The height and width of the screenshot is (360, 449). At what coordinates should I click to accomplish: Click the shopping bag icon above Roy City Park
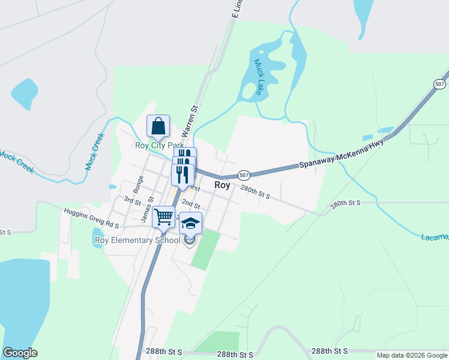click(x=158, y=127)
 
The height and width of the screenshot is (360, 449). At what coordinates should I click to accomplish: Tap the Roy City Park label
click(x=159, y=145)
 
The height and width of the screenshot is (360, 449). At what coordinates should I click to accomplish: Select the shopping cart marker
click(x=164, y=217)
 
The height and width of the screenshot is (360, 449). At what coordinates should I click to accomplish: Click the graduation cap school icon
click(x=190, y=223)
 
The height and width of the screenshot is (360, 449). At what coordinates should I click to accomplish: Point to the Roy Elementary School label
click(x=137, y=241)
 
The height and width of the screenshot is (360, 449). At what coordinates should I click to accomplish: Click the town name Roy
click(x=222, y=185)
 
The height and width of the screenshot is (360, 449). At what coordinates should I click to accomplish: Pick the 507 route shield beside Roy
click(x=244, y=175)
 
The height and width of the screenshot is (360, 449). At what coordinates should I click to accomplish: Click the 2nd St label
click(x=190, y=205)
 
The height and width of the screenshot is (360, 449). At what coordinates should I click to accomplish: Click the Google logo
click(x=20, y=353)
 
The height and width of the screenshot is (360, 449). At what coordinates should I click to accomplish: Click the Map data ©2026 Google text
click(x=412, y=355)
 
